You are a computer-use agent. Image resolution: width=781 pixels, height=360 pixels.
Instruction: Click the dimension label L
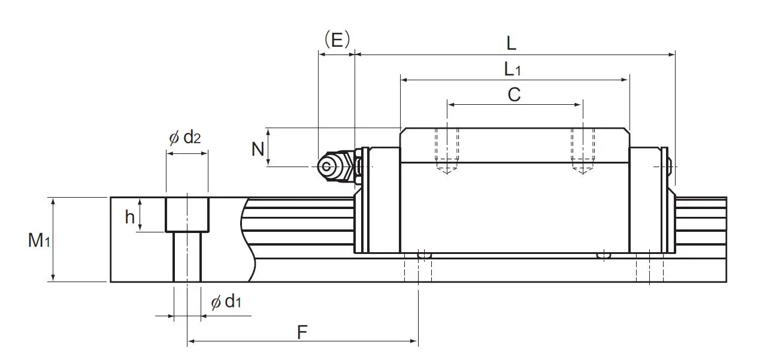click(x=511, y=43)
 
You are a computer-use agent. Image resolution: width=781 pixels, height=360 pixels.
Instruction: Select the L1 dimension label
click(x=513, y=69)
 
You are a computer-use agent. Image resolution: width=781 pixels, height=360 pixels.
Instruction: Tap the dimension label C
click(x=514, y=95)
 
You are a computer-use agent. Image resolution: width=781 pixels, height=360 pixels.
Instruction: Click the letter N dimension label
click(x=258, y=148)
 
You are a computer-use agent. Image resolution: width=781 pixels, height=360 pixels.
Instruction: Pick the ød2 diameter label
click(x=185, y=138)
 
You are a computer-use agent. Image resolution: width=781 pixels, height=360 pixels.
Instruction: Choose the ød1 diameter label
click(x=226, y=302)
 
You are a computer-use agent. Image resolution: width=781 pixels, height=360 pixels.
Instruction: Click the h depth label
click(x=130, y=217)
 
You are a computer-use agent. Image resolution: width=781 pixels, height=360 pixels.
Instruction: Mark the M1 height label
click(x=38, y=241)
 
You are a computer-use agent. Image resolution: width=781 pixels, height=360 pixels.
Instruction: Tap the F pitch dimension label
click(x=303, y=331)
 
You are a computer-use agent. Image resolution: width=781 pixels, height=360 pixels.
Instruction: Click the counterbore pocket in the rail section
click(x=187, y=214)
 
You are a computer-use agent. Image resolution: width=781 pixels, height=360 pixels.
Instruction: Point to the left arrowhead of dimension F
click(x=191, y=341)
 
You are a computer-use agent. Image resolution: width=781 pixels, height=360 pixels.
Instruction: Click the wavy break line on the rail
click(x=247, y=240)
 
